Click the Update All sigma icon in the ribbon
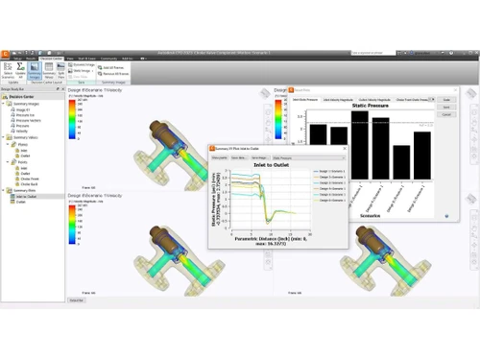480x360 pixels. [x=21, y=68]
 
